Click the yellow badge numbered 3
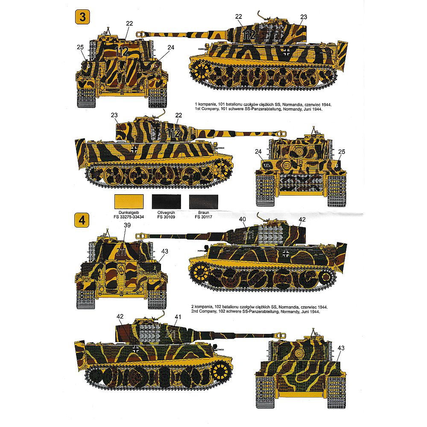pos(82,17)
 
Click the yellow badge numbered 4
pos(82,220)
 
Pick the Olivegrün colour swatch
pos(166,202)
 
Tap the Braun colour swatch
pos(204,202)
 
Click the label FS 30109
pos(166,217)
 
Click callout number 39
pos(127,225)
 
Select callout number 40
pos(243,219)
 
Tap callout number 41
pos(178,317)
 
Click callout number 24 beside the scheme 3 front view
pos(258,152)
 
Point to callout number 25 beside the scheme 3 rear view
pos(80,47)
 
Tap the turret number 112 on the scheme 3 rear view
pos(122,51)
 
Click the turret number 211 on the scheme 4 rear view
pos(121,252)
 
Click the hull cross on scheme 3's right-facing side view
pos(134,149)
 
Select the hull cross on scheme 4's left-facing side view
pos(286,254)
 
